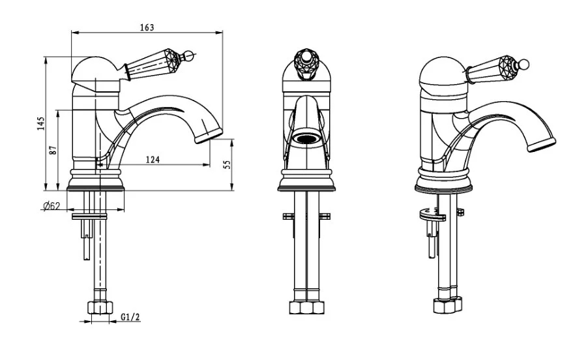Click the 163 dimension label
coord(147,27)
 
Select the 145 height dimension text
coord(41,123)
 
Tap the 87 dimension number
coord(53,151)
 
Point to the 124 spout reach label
coord(153,160)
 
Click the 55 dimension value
coord(228,164)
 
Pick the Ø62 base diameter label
coord(51,205)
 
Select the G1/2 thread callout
coord(130,317)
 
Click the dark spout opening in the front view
coord(306,139)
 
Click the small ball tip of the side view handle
coord(190,56)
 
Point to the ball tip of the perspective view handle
coord(525,64)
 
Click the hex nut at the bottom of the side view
coord(100,308)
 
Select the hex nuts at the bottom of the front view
coord(307,308)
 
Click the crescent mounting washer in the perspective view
coord(432,215)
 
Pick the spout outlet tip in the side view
coord(209,136)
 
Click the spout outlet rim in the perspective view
coord(542,145)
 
